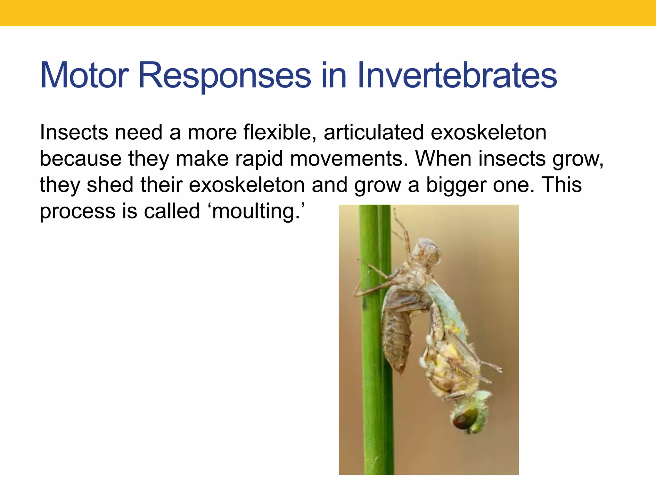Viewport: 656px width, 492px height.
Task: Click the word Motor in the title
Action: tap(84, 76)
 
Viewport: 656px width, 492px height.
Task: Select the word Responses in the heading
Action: tap(224, 76)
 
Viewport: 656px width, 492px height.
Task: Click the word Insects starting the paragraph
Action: tap(74, 132)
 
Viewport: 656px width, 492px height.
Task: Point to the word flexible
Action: tap(277, 132)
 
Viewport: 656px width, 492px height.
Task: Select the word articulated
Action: tap(373, 132)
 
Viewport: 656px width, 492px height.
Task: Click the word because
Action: tap(80, 159)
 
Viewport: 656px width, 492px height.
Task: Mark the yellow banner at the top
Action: tap(328, 13)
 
